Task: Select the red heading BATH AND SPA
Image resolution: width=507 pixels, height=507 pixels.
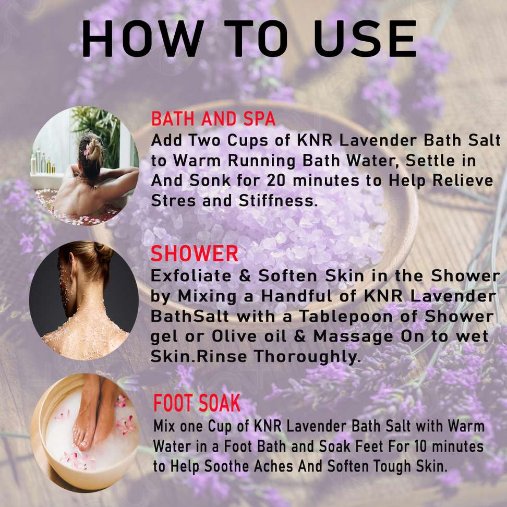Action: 213,119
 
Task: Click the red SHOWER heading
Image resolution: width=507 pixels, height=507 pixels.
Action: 195,253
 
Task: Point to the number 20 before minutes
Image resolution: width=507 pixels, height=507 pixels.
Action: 276,181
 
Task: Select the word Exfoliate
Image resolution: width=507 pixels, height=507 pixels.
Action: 191,276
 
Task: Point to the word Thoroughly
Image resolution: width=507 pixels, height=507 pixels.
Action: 307,357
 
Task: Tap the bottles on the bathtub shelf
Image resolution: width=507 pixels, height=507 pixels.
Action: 42,162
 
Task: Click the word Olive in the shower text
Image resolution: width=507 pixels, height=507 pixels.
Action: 233,336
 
